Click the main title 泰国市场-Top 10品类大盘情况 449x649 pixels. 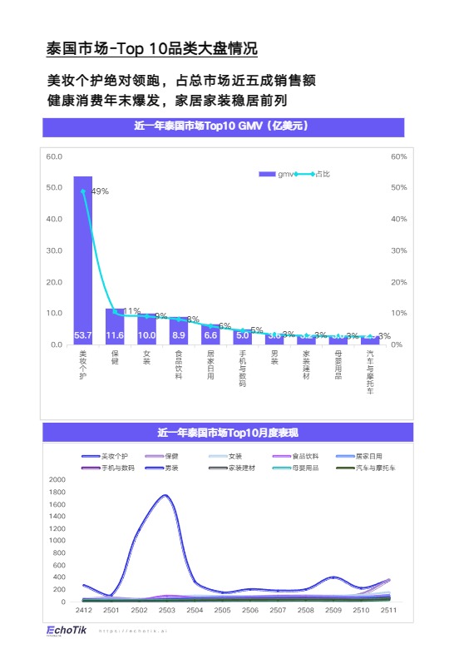(x=151, y=49)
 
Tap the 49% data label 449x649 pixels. (x=100, y=191)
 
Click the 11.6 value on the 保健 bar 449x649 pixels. (x=115, y=335)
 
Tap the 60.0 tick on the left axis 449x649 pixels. (x=54, y=156)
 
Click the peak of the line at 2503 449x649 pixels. (x=165, y=496)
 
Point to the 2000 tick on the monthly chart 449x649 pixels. (x=57, y=480)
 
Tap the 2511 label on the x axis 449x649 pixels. (x=388, y=610)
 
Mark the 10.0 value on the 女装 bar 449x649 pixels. (x=146, y=335)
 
